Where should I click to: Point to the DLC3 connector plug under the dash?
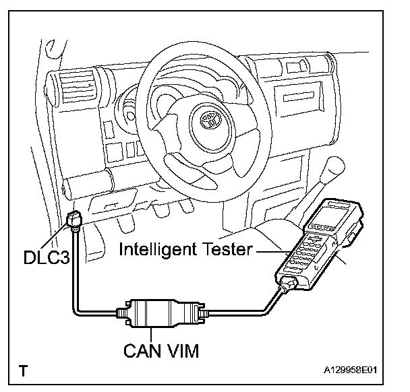(x=75, y=219)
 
